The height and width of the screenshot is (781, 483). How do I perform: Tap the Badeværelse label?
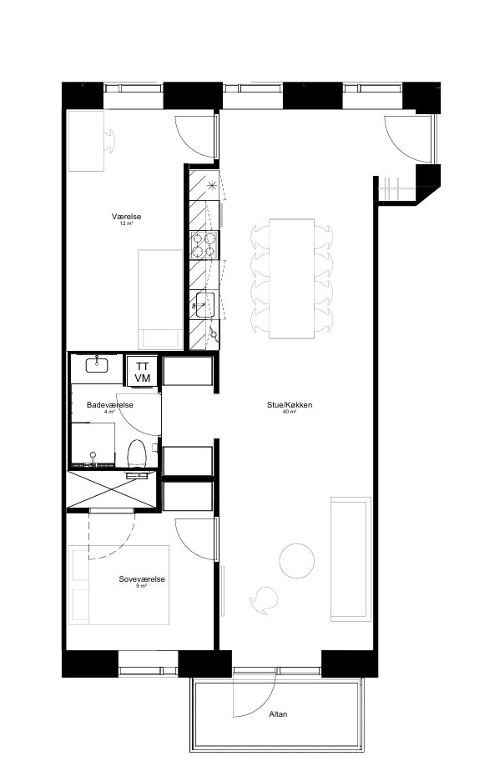point(110,405)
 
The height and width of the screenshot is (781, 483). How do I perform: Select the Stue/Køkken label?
point(289,405)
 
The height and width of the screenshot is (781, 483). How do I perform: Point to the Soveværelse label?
point(142,579)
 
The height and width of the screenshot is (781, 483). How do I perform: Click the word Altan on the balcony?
point(278,714)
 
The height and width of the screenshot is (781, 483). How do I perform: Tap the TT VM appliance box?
point(142,372)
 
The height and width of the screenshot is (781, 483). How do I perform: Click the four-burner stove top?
point(204,245)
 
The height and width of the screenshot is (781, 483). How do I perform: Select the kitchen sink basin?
point(205,305)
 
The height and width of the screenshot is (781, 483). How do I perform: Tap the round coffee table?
point(297,561)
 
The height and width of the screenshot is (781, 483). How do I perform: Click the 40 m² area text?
point(289,412)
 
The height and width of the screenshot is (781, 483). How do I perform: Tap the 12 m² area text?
point(127,223)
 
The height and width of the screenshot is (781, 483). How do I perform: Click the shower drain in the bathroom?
point(93,455)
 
